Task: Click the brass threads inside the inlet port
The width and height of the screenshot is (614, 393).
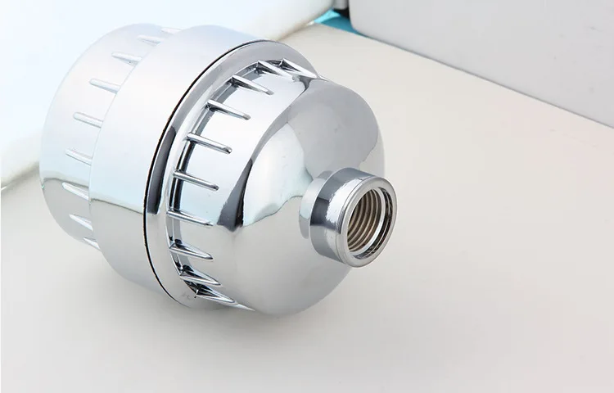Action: [365, 219]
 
